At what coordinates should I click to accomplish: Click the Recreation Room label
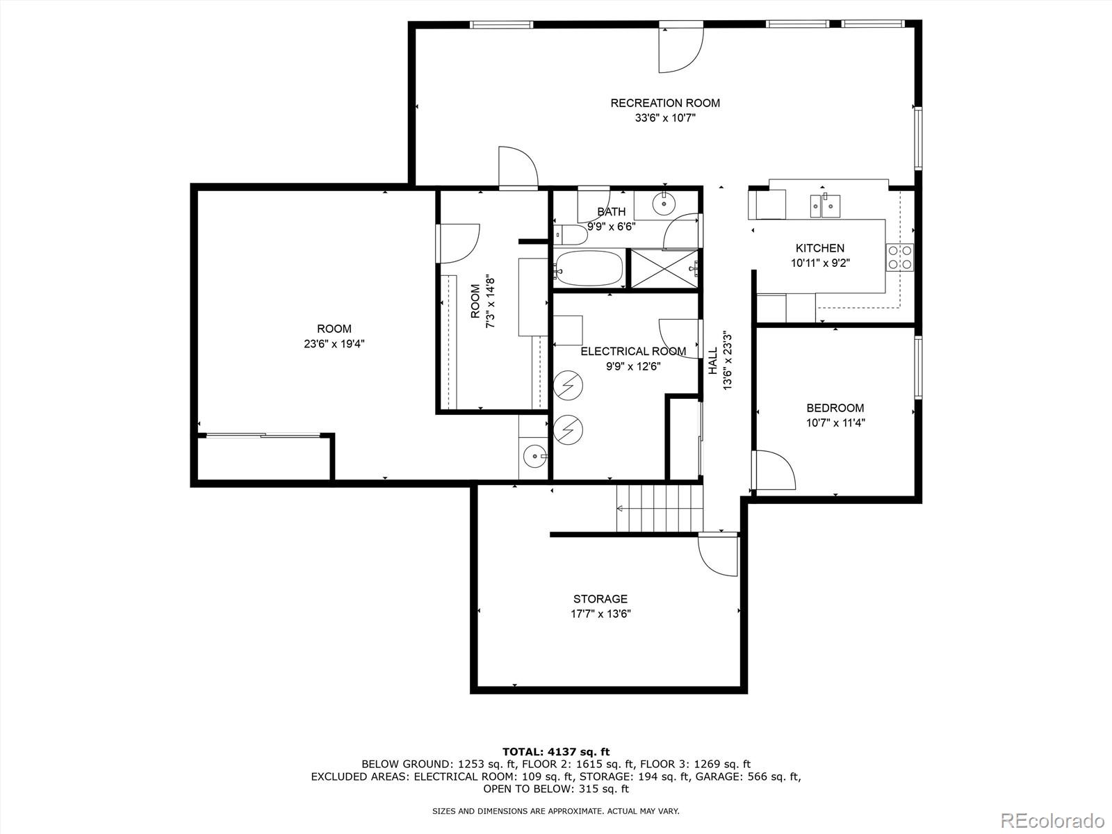tap(665, 103)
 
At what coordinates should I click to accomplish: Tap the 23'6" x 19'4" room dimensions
tap(334, 343)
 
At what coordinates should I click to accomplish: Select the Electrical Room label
tap(633, 351)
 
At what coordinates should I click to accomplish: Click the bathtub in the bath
tap(589, 268)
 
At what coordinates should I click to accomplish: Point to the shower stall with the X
tap(664, 268)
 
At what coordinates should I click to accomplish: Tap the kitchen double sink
tap(824, 205)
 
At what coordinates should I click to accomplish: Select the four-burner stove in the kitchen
tap(899, 257)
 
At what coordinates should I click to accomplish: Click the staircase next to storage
tap(660, 508)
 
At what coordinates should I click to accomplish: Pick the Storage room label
tap(600, 598)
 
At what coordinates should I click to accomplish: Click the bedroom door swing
tap(774, 471)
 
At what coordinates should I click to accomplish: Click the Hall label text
tap(713, 361)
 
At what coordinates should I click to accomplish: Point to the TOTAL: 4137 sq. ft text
tap(556, 751)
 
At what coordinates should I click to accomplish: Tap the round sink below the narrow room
tap(534, 457)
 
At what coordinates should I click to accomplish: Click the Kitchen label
tap(820, 248)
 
